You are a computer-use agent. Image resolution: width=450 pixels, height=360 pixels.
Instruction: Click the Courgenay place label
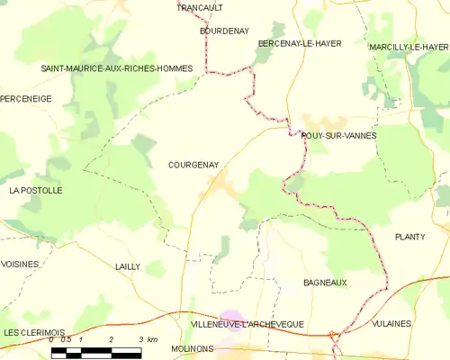193,165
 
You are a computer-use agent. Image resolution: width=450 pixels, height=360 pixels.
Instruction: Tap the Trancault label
200,7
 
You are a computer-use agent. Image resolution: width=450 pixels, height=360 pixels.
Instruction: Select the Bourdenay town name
223,30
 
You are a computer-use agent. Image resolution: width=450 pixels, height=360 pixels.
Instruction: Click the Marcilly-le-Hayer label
409,47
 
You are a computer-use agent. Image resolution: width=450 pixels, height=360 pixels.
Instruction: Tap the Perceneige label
26,98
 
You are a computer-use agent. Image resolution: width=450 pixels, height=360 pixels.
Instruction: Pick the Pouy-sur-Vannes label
338,135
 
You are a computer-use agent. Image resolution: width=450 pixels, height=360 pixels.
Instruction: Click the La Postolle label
35,191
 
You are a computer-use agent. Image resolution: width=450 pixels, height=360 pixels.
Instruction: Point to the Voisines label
21,264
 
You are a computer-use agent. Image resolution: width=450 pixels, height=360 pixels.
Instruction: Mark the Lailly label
128,266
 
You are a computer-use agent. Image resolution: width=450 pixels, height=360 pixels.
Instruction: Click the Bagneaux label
325,283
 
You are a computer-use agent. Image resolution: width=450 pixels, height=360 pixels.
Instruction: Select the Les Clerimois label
32,332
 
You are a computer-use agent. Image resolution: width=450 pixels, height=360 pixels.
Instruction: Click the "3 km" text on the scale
148,340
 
